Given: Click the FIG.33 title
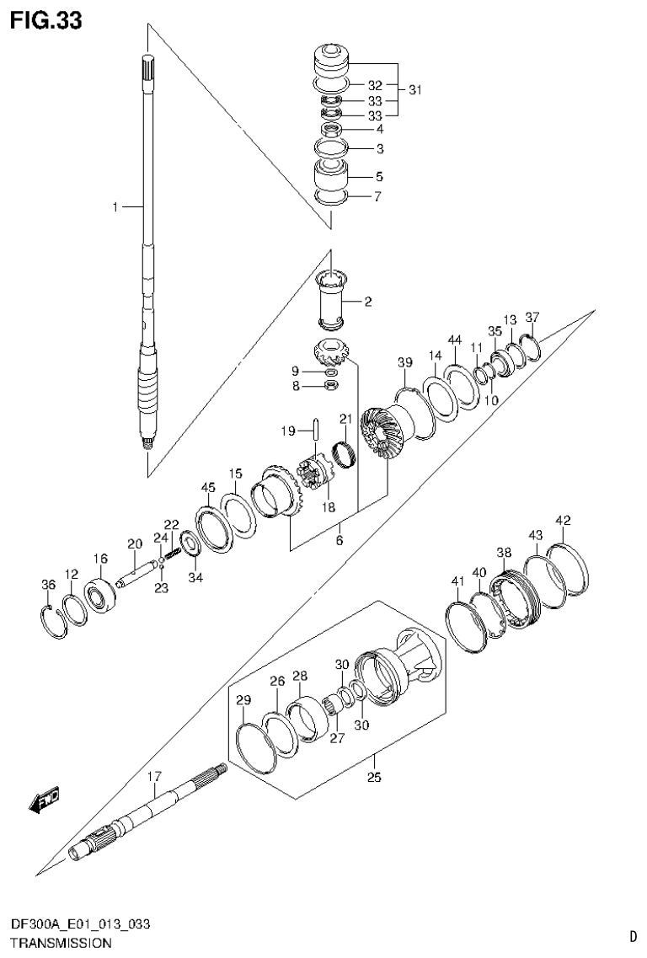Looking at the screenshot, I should click(46, 20).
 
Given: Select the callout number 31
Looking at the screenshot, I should click(414, 89).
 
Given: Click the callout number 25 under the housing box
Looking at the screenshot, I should click(374, 777).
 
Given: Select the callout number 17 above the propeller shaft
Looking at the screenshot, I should click(154, 776).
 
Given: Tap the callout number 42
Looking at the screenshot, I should click(563, 520).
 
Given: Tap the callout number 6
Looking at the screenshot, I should click(340, 540).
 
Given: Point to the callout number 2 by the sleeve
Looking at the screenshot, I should click(368, 299).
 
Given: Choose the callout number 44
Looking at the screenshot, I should click(455, 340).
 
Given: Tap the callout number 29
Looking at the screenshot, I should click(243, 700).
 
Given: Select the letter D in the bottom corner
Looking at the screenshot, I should click(632, 935).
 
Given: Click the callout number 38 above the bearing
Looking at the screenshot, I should click(504, 553).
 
